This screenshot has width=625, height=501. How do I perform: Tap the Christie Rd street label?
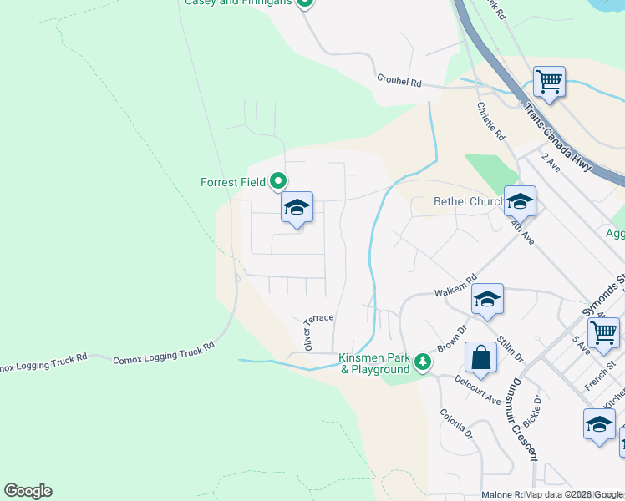pyautogui.click(x=490, y=121)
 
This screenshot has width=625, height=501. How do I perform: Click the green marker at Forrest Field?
pyautogui.click(x=279, y=181)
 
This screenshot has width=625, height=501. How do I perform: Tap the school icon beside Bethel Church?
pyautogui.click(x=519, y=201)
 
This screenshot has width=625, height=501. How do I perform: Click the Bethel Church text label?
pyautogui.click(x=468, y=201)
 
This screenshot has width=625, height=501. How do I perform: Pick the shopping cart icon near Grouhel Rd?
pyautogui.click(x=549, y=82)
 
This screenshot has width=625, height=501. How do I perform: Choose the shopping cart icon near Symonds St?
pyautogui.click(x=603, y=332)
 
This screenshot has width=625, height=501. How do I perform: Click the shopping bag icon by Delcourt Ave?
pyautogui.click(x=481, y=358)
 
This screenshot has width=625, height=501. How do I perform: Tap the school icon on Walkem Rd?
pyautogui.click(x=487, y=299)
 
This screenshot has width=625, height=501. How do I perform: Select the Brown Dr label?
pyautogui.click(x=449, y=338)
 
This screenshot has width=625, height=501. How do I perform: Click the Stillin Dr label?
pyautogui.click(x=509, y=345)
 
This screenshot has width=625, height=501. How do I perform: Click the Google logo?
pyautogui.click(x=28, y=491)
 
